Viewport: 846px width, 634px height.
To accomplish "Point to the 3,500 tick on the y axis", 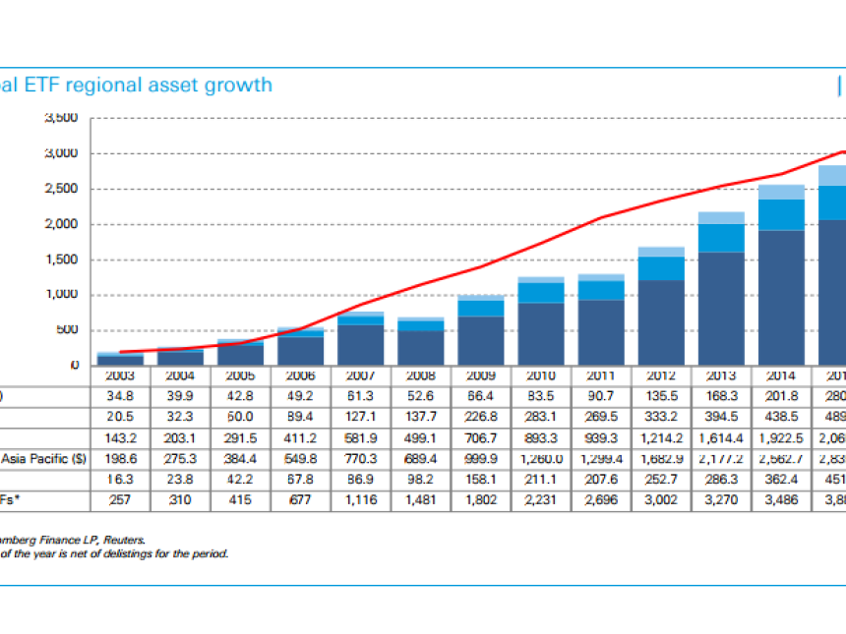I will click(60, 118).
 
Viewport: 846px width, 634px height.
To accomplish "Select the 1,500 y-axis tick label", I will click(60, 259).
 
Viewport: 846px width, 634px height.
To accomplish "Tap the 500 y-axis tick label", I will click(67, 330).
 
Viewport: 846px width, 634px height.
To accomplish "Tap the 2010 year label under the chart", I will click(540, 375).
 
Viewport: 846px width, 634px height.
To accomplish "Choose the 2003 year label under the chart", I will click(121, 375).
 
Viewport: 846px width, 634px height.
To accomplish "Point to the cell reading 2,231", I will click(540, 500).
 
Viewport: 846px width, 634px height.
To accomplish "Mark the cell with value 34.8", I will click(121, 395).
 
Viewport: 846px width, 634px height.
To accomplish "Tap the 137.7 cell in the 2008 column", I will click(421, 417).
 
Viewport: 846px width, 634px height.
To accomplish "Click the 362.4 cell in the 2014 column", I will click(780, 480).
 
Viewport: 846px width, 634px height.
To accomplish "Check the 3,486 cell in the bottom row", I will click(780, 500).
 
